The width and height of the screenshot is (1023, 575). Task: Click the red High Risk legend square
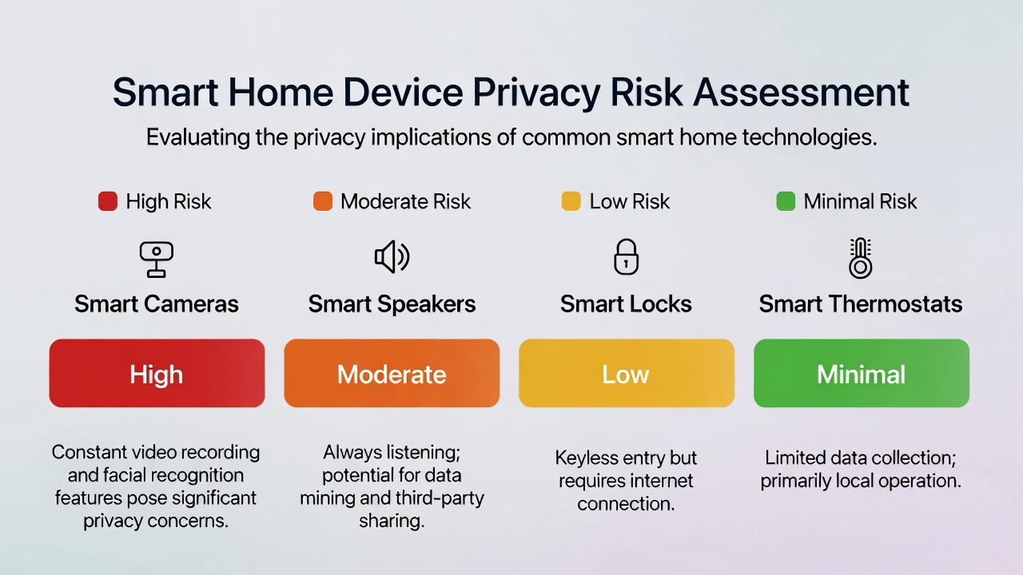click(x=108, y=201)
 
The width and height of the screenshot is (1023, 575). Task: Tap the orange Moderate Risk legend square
click(x=323, y=201)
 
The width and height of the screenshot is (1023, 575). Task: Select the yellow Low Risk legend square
click(x=571, y=201)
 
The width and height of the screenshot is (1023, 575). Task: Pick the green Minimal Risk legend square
click(x=786, y=201)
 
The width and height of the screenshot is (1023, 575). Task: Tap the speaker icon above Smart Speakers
click(x=392, y=257)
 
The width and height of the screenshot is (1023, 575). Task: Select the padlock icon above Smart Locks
click(x=626, y=257)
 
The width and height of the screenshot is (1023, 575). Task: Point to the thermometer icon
click(x=860, y=258)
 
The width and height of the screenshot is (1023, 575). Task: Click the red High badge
click(x=157, y=374)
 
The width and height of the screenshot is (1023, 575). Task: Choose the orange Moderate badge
click(x=392, y=374)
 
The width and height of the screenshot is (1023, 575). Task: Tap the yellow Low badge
click(x=626, y=374)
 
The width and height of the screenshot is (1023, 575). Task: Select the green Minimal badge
click(x=861, y=374)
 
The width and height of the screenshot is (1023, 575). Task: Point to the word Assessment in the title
click(x=801, y=93)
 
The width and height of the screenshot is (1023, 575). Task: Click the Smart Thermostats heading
click(x=861, y=304)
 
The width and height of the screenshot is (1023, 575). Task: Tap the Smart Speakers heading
click(x=392, y=304)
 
